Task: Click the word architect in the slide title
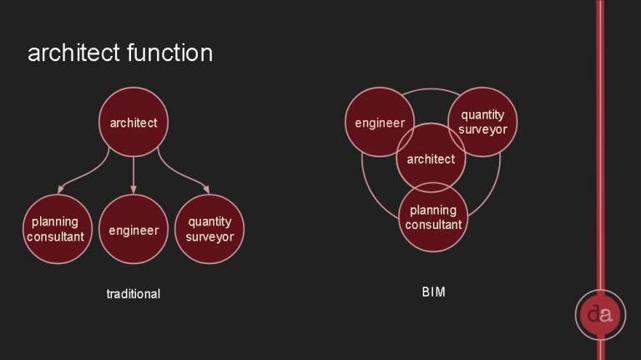(74, 53)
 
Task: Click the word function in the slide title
(169, 53)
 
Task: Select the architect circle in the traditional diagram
(134, 122)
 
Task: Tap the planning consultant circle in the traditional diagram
(58, 229)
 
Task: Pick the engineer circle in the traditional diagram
(134, 229)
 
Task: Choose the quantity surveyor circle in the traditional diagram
(209, 229)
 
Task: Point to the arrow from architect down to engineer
(134, 175)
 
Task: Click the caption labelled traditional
(134, 294)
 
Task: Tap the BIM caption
(433, 292)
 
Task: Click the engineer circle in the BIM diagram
(380, 122)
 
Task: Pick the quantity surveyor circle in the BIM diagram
(482, 122)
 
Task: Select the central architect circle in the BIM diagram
(431, 158)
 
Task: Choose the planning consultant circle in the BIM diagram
(433, 217)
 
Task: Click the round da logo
(601, 315)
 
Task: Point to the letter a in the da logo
(606, 315)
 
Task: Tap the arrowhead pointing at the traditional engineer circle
(134, 190)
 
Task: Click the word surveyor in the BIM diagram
(482, 129)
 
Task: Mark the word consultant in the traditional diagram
(56, 236)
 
